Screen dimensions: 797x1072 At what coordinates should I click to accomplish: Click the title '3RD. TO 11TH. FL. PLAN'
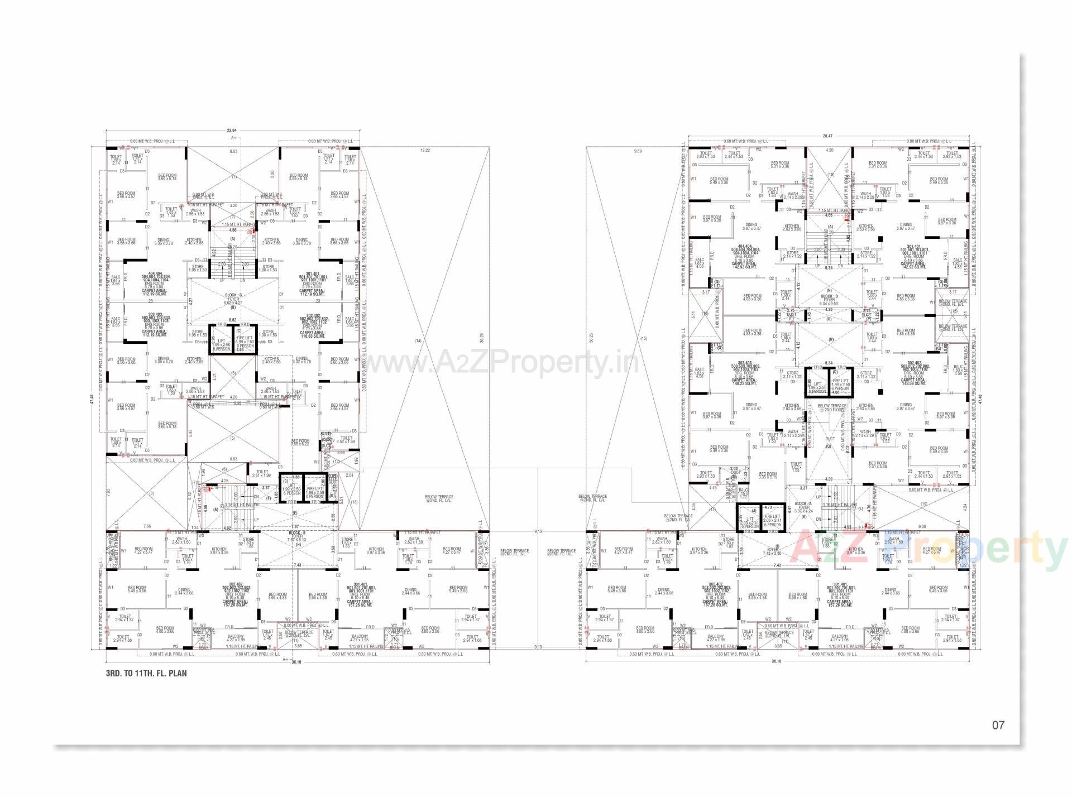146,673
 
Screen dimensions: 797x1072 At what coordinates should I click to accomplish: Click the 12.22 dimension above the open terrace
425,150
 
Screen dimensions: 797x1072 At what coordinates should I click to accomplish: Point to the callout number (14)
418,340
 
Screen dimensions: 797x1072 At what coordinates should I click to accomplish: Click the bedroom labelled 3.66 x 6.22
300,442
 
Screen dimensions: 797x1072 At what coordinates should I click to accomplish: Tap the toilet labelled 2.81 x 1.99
261,474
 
